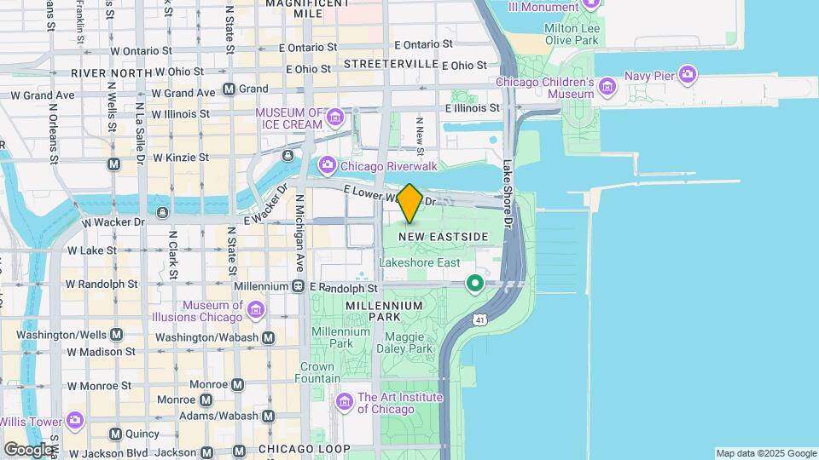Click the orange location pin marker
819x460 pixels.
(x=409, y=203)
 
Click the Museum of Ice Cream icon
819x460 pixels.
(x=335, y=117)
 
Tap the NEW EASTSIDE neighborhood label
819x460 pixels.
(x=444, y=236)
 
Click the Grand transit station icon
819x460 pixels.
(x=229, y=89)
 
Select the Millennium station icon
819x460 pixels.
(x=299, y=286)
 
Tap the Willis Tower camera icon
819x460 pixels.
(x=74, y=420)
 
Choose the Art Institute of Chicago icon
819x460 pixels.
(x=345, y=401)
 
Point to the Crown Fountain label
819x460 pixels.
(x=317, y=372)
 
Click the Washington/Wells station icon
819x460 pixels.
(x=116, y=335)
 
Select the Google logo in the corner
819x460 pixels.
(x=29, y=449)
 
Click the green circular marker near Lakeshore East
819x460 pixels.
(x=475, y=283)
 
